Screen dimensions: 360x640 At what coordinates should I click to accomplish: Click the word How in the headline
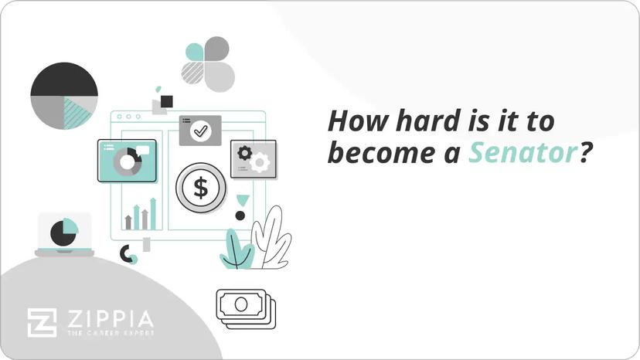[353, 122]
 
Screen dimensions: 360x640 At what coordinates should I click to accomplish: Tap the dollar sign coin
[200, 188]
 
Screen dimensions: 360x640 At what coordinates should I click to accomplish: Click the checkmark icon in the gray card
[200, 131]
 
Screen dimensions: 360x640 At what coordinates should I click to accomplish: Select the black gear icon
[245, 152]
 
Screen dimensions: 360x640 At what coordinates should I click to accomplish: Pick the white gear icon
[260, 161]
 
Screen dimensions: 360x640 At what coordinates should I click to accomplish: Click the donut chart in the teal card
[127, 161]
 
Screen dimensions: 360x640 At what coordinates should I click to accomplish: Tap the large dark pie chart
[64, 95]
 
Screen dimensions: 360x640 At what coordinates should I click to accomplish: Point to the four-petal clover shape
[208, 63]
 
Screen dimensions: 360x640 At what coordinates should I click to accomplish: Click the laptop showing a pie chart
[64, 234]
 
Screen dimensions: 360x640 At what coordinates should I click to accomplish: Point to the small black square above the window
[166, 101]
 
